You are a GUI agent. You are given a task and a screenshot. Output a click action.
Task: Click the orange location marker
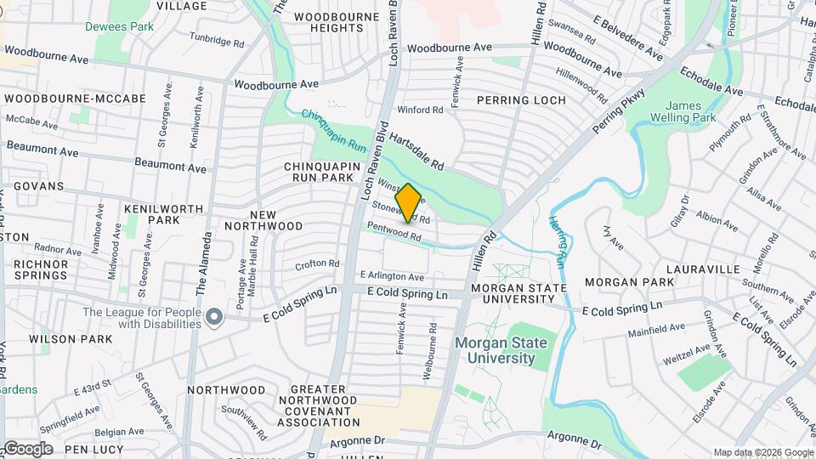pyautogui.click(x=408, y=202)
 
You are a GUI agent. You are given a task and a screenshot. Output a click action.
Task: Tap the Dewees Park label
pyautogui.click(x=119, y=26)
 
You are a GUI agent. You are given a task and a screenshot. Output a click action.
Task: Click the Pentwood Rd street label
pyautogui.click(x=394, y=231)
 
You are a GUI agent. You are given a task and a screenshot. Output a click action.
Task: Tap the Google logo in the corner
pyautogui.click(x=27, y=448)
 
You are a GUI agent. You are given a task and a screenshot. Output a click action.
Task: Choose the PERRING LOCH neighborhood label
pyautogui.click(x=520, y=100)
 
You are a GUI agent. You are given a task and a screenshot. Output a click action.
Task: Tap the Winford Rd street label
pyautogui.click(x=421, y=110)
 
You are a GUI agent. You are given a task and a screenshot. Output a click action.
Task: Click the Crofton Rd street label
pyautogui.click(x=317, y=264)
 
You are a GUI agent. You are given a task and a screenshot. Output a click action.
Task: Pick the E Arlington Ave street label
pyautogui.click(x=392, y=276)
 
